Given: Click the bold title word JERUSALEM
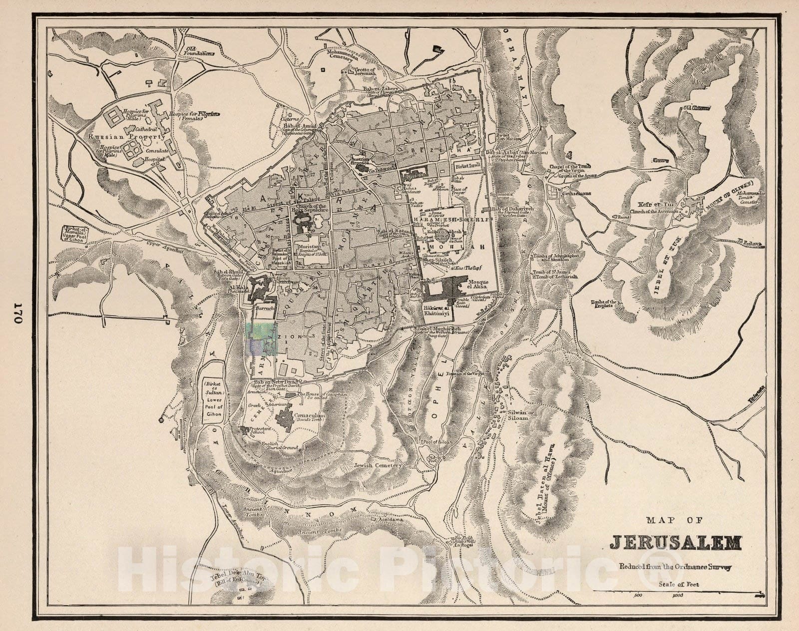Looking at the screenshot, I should pyautogui.click(x=676, y=543).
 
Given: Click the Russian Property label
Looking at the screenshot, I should pyautogui.click(x=126, y=136).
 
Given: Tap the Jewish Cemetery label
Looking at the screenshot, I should pyautogui.click(x=378, y=465).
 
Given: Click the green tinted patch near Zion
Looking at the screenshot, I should pyautogui.click(x=262, y=338).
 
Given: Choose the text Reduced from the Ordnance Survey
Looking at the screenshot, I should pyautogui.click(x=675, y=567).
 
